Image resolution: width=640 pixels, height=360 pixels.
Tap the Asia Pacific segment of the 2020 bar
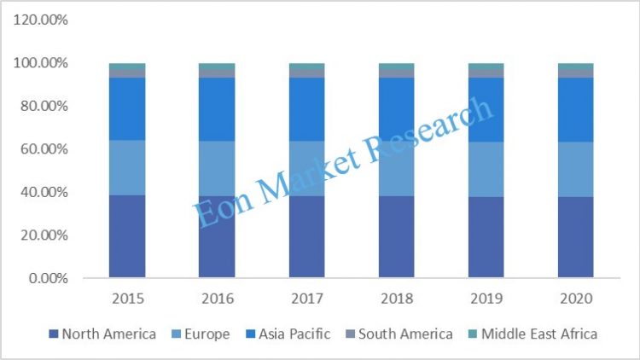pyautogui.click(x=576, y=109)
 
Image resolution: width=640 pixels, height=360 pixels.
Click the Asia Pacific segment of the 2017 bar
pyautogui.click(x=306, y=109)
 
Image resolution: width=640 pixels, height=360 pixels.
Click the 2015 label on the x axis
pyautogui.click(x=126, y=299)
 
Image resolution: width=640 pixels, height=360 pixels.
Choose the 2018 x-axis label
pyautogui.click(x=397, y=299)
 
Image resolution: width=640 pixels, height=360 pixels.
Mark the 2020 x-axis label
pyautogui.click(x=576, y=299)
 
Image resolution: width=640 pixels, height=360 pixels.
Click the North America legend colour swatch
pyautogui.click(x=54, y=334)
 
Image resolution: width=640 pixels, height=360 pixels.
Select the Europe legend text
pyautogui.click(x=204, y=334)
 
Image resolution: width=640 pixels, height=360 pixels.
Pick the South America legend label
pyautogui.click(x=405, y=334)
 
